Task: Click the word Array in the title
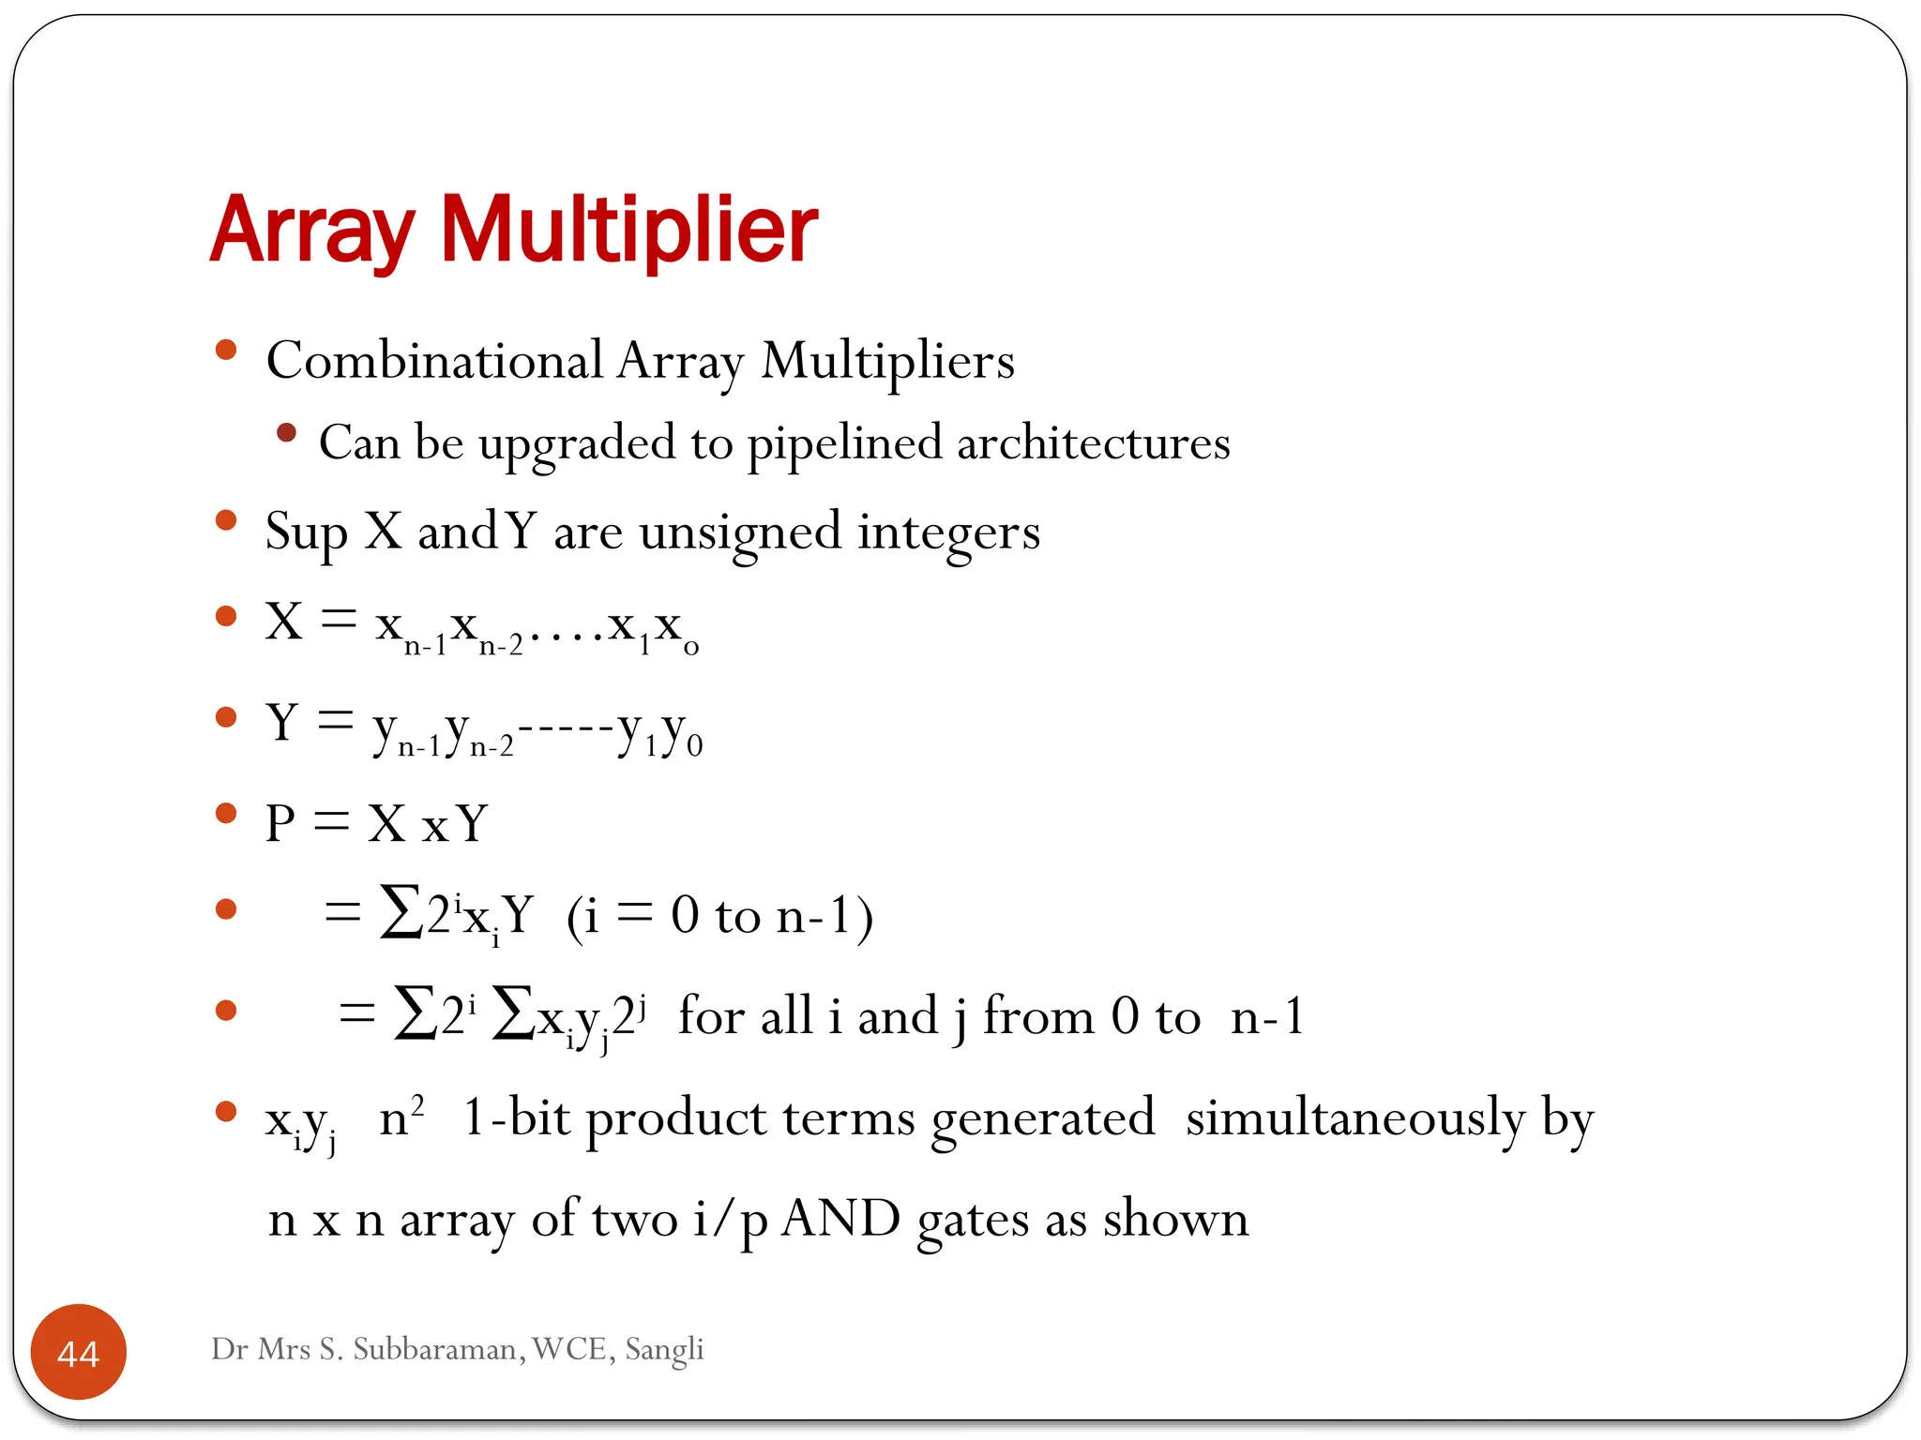(x=311, y=230)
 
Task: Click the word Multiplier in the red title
(x=629, y=230)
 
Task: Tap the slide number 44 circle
(x=79, y=1352)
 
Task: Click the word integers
(x=948, y=532)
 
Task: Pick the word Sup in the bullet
(x=307, y=532)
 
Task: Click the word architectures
(x=1093, y=443)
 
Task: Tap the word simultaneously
(x=1355, y=1118)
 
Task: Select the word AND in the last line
(x=840, y=1219)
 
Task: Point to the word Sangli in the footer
(x=664, y=1349)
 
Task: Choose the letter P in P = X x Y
(x=280, y=824)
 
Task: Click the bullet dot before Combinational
(x=225, y=351)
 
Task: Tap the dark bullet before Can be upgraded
(x=287, y=433)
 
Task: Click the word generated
(x=1043, y=1118)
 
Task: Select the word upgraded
(x=577, y=443)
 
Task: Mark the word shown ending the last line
(x=1175, y=1219)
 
